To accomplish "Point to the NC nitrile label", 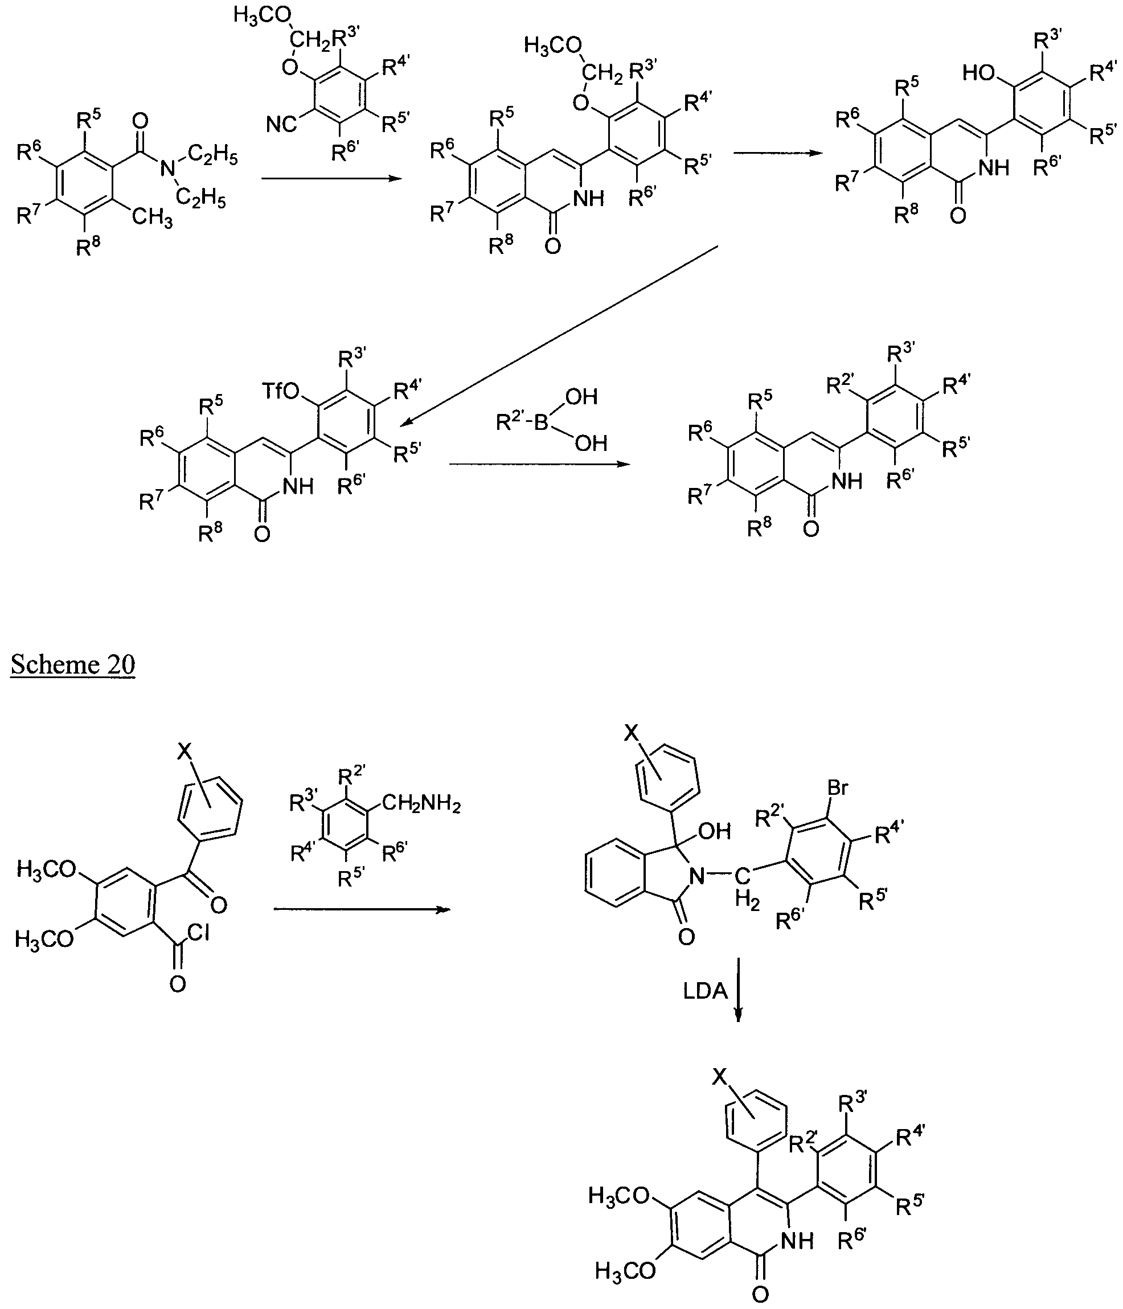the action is (281, 124).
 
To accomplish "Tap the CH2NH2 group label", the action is (421, 804).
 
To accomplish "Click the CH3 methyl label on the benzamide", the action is (151, 218).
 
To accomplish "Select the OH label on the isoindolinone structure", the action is (715, 830).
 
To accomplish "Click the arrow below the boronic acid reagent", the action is (540, 465).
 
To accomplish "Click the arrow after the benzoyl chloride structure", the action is (362, 909).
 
